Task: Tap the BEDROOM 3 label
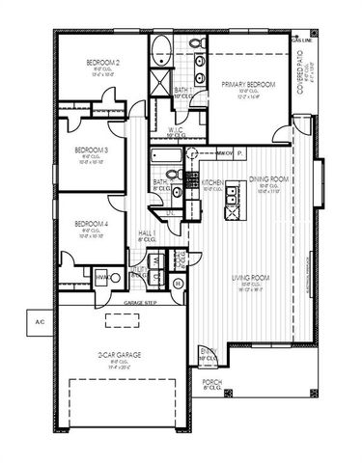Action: coord(91,150)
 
